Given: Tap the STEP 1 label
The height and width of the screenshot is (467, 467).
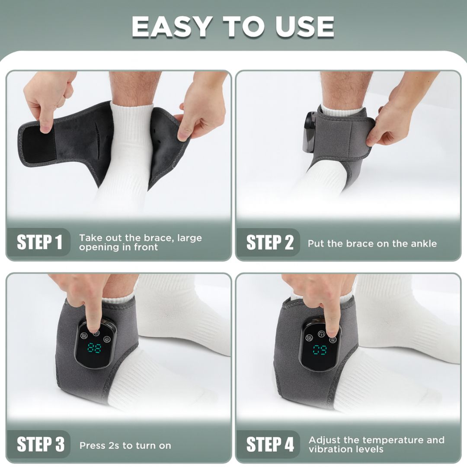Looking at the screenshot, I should [x=39, y=242].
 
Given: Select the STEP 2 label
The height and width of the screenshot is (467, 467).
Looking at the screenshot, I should [x=269, y=242].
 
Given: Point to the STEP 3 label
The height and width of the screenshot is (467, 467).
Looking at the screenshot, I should [x=40, y=445].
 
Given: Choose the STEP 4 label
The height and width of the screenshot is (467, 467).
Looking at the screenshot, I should [x=269, y=445].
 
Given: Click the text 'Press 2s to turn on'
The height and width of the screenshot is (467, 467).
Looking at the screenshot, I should [x=125, y=445].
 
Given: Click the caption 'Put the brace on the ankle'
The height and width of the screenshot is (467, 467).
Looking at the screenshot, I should [x=372, y=243].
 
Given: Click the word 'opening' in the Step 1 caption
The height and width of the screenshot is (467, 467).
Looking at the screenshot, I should [x=96, y=247].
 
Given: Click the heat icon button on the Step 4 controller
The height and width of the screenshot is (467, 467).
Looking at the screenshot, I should [x=309, y=338].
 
